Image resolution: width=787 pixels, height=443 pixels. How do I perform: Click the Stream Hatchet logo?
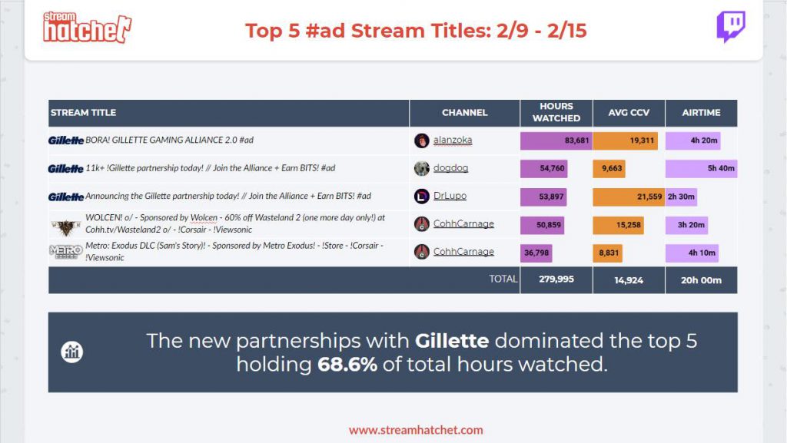[87, 27]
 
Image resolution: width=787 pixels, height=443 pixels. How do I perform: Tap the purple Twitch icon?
[730, 27]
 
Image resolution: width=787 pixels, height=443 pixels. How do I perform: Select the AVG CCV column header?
[629, 113]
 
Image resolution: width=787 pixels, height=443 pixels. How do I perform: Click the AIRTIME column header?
[701, 113]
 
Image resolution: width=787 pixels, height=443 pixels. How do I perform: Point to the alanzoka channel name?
[453, 140]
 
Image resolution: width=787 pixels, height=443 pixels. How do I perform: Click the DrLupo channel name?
[450, 196]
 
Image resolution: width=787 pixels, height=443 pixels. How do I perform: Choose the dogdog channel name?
[450, 168]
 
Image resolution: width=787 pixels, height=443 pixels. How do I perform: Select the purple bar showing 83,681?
[556, 141]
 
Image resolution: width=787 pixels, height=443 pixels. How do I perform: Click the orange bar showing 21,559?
[629, 197]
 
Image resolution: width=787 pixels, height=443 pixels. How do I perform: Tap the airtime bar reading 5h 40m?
[701, 169]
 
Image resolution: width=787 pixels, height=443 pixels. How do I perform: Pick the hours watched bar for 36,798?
[536, 253]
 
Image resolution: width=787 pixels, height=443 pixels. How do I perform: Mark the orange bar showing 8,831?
[608, 253]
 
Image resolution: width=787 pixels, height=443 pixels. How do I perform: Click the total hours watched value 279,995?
[556, 279]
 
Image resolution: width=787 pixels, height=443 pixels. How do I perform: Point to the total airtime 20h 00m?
[701, 280]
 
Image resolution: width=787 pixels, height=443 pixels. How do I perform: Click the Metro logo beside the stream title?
[66, 252]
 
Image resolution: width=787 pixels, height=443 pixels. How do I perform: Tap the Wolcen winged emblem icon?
[66, 227]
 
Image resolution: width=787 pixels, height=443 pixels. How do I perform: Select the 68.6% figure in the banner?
[347, 365]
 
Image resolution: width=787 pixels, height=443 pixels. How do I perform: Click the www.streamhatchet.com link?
[416, 430]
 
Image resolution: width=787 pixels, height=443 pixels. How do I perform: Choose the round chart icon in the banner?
[71, 352]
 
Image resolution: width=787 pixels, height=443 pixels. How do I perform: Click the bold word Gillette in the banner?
[452, 341]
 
